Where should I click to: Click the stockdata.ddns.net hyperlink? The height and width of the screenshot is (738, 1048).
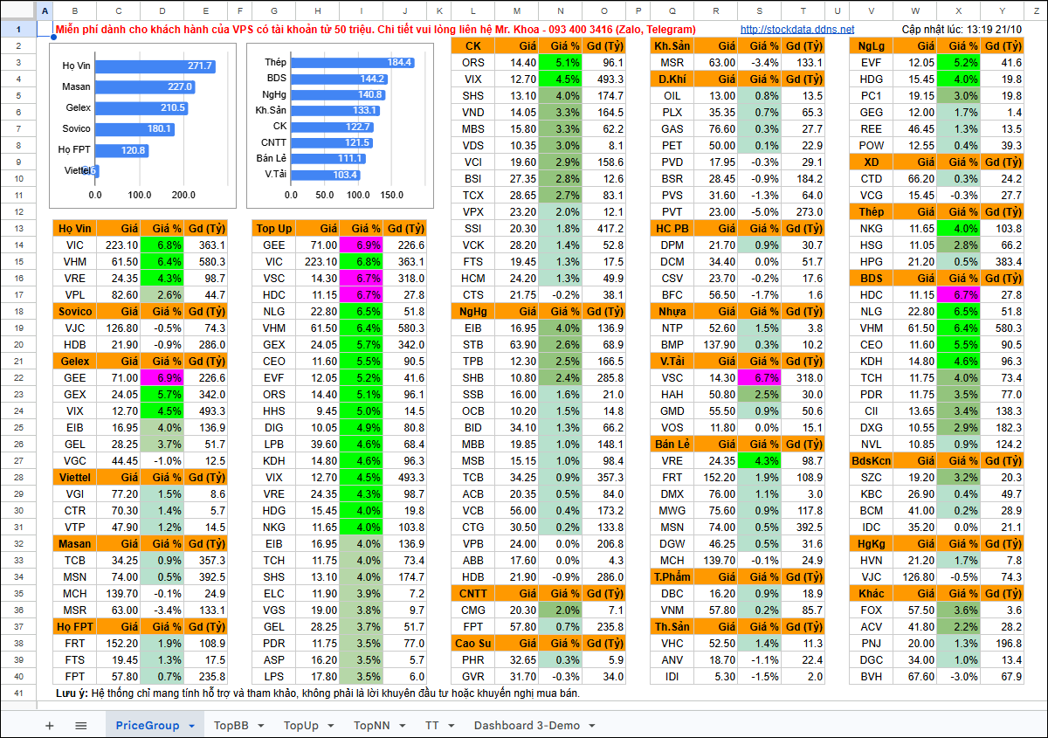796,30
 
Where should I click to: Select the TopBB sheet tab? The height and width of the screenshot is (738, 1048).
231,725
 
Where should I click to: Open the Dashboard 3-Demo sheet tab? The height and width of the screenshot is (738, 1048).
527,725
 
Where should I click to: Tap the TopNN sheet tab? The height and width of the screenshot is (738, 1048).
371,725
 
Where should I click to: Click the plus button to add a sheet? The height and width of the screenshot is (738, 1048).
49,726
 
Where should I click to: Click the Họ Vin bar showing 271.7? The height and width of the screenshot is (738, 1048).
155,66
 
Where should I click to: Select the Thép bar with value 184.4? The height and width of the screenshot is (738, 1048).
352,62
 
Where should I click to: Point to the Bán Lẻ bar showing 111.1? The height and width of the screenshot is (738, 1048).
328,159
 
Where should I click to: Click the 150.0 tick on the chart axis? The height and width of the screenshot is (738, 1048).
391,195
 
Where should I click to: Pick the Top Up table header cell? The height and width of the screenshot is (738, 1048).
273,228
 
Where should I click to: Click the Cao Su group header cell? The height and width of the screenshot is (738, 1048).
473,644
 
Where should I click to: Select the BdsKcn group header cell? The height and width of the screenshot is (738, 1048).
872,461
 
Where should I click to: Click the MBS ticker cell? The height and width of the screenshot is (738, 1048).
473,128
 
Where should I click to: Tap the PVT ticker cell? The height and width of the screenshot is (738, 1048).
672,212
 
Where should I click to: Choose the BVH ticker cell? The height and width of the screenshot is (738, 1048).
872,677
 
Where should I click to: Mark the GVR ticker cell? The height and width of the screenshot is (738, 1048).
473,677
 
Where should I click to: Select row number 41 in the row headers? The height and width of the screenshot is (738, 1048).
18,693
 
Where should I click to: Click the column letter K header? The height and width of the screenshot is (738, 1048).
439,10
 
